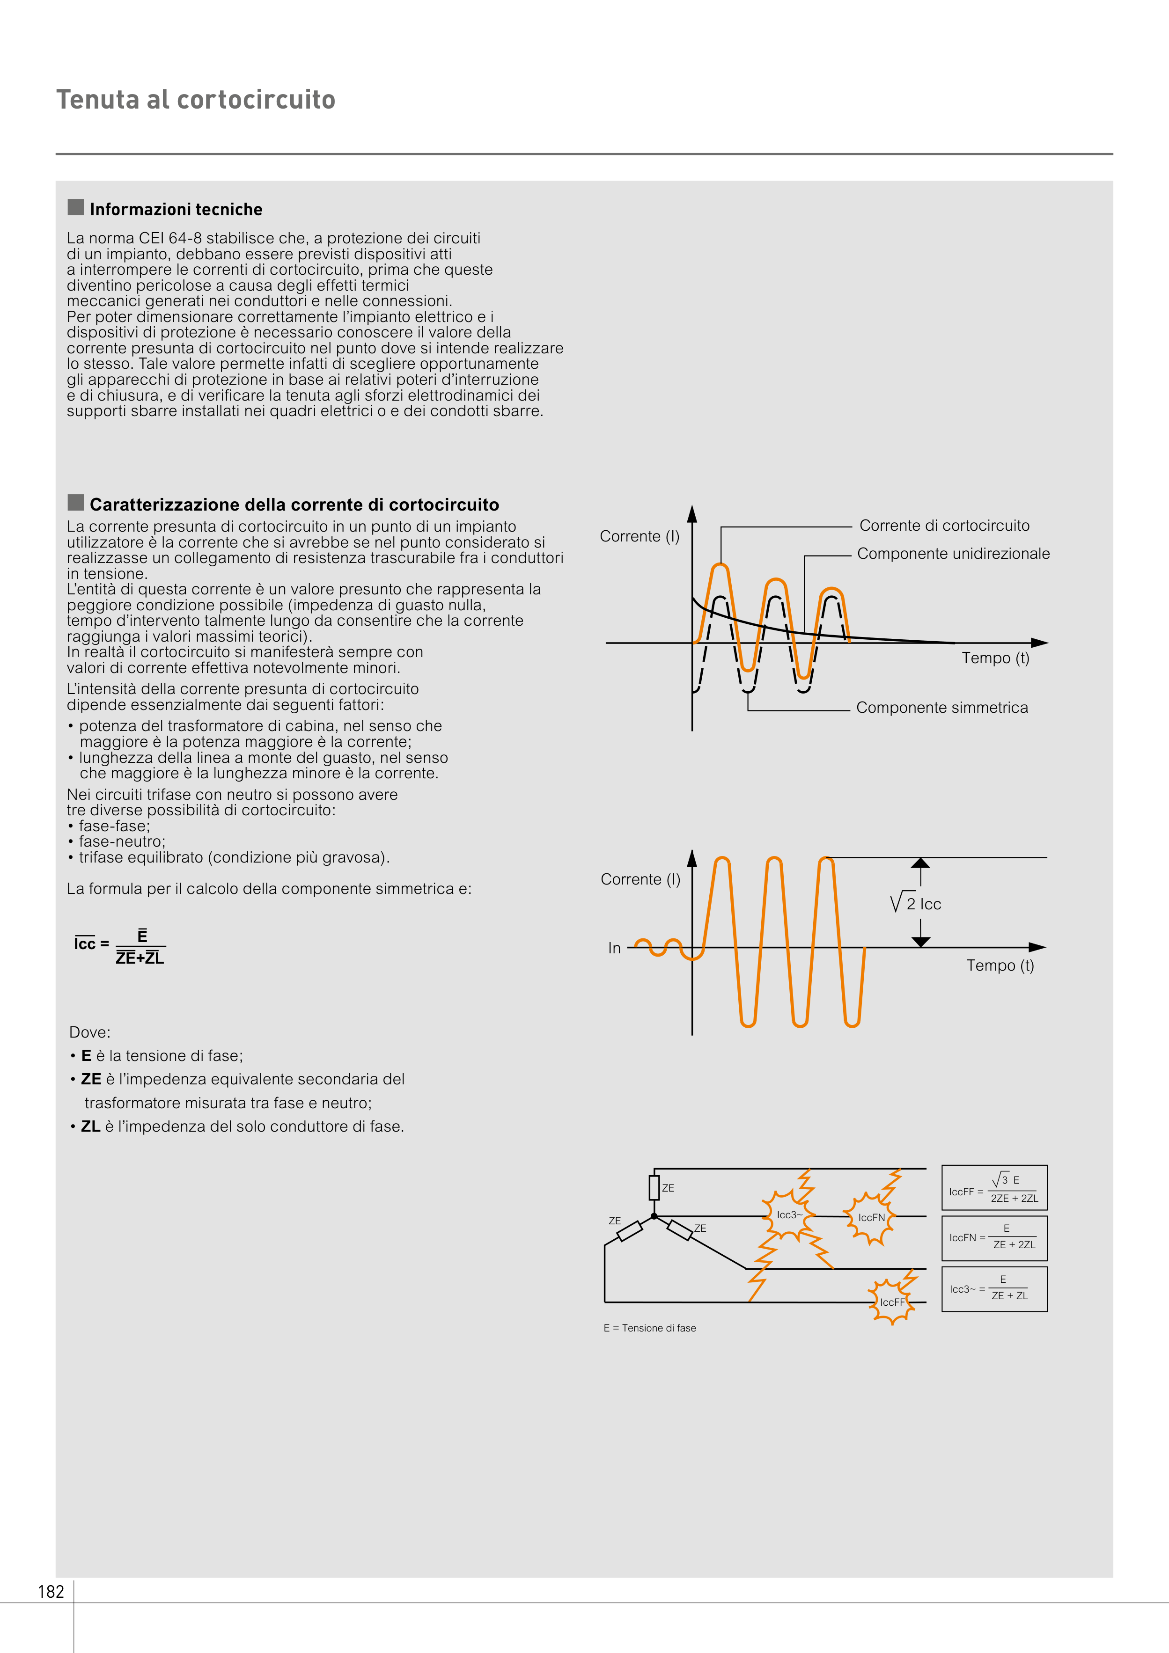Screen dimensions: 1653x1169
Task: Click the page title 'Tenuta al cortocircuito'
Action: (x=196, y=99)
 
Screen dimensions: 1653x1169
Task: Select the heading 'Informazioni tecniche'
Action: (x=176, y=210)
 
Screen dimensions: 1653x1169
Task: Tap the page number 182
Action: (x=51, y=1592)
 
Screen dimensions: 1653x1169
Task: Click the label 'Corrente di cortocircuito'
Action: (x=944, y=526)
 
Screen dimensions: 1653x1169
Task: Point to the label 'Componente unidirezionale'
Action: (x=953, y=554)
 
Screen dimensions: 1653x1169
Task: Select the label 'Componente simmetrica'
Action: (x=941, y=708)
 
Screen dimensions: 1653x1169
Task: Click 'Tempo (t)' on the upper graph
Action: (x=995, y=658)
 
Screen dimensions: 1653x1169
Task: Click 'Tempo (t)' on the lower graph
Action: (x=1000, y=965)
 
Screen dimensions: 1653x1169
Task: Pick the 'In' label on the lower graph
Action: (x=614, y=948)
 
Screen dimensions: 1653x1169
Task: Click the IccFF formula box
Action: (x=994, y=1187)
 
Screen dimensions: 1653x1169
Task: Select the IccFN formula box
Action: (x=994, y=1237)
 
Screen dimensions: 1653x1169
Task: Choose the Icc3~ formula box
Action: (x=994, y=1289)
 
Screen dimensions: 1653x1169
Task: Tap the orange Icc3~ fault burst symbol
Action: (x=789, y=1215)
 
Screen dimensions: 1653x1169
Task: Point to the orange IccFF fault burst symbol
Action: (x=892, y=1302)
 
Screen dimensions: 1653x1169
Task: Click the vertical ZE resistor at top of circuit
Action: (x=654, y=1187)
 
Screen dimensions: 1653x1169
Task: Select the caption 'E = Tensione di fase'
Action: (x=650, y=1328)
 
